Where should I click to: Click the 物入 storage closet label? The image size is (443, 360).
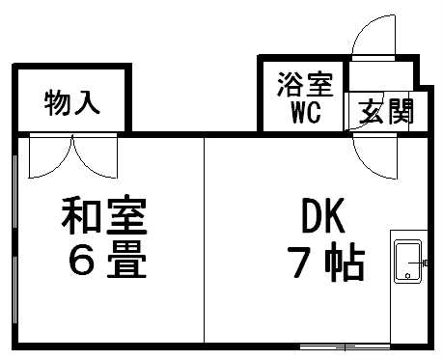[72, 103]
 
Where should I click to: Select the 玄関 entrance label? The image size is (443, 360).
[385, 112]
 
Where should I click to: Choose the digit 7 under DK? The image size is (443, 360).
[295, 262]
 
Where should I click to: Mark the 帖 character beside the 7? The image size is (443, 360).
[346, 262]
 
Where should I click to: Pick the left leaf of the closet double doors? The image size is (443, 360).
[48, 154]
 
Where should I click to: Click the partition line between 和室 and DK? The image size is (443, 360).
[205, 241]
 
